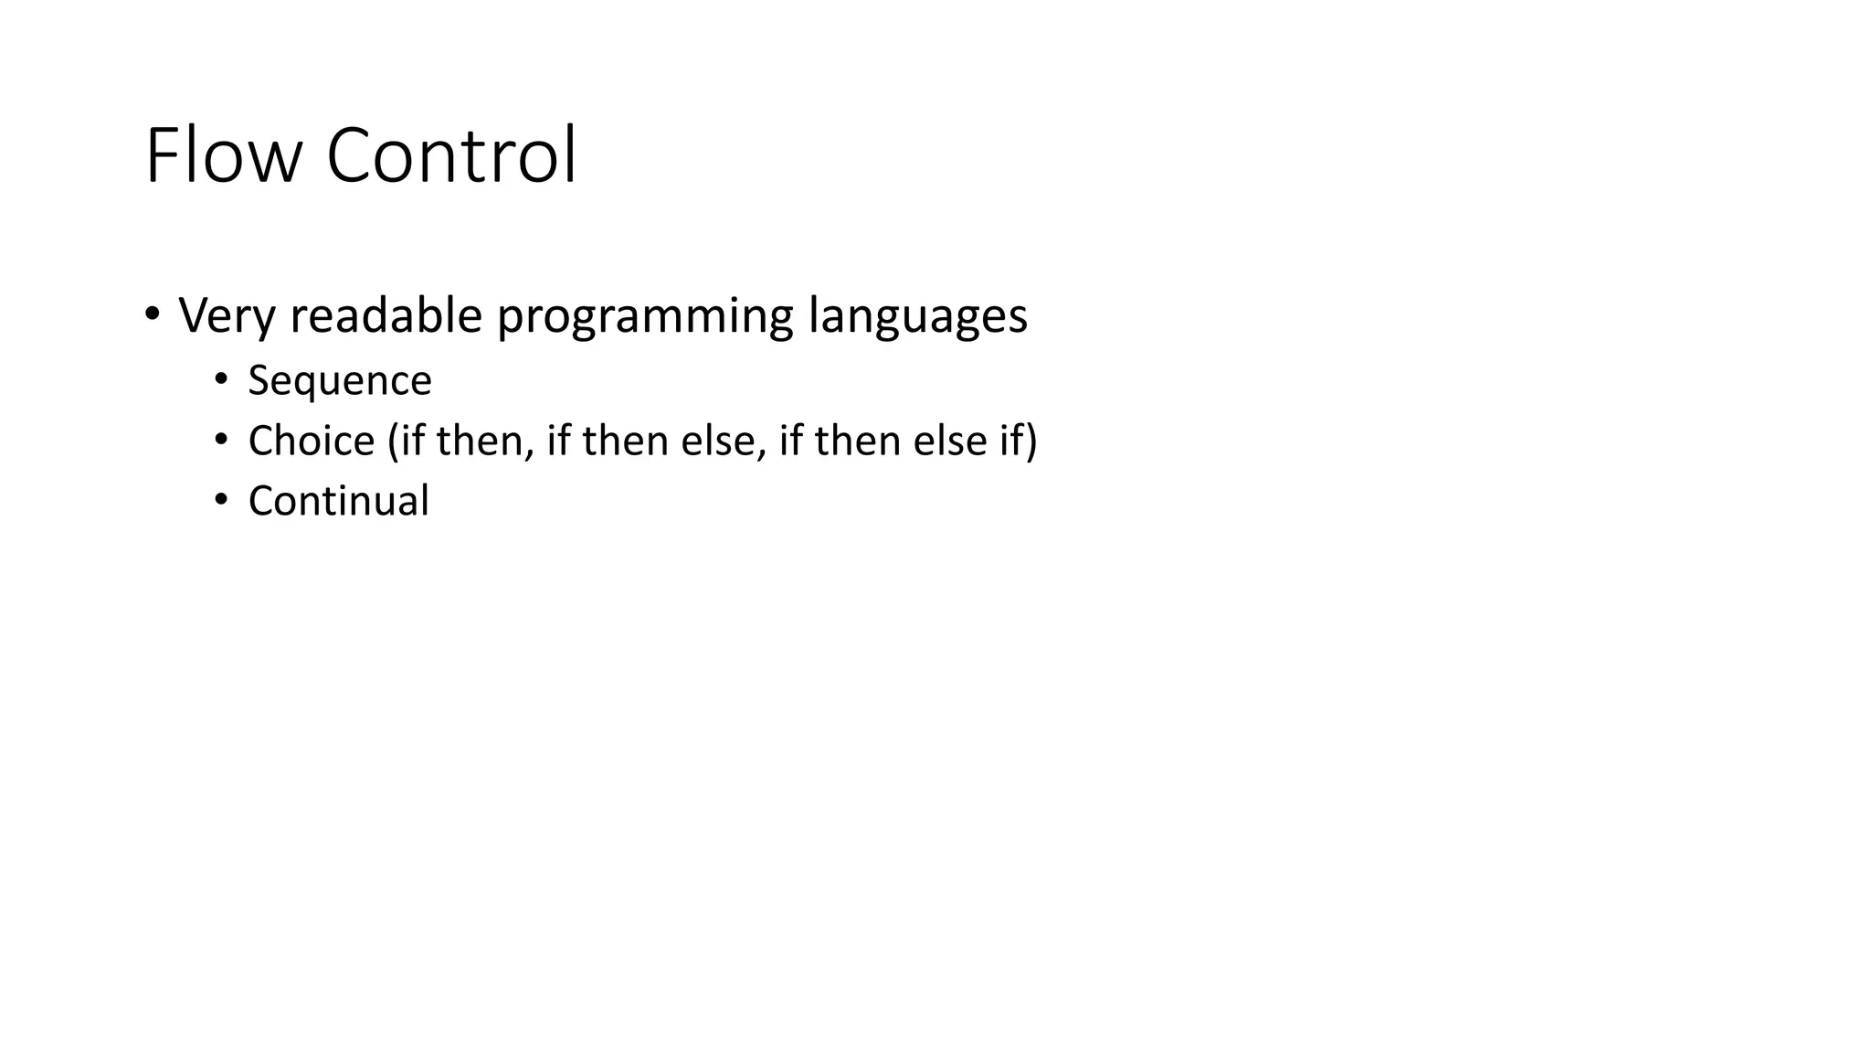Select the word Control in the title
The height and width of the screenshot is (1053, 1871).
(451, 155)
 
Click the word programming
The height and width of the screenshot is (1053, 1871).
(645, 317)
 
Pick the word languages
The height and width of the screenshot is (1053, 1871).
(917, 317)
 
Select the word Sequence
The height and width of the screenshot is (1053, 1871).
(340, 381)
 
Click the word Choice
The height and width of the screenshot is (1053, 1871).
(312, 441)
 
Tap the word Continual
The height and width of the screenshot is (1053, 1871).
(338, 501)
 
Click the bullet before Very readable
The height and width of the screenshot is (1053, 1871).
(152, 314)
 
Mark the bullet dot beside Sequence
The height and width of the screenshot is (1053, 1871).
(220, 379)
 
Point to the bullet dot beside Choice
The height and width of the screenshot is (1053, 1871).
(220, 440)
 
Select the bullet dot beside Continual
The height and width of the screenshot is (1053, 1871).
(220, 500)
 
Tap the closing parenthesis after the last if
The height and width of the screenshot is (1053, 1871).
(1031, 441)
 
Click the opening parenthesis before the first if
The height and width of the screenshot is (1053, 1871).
(393, 441)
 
